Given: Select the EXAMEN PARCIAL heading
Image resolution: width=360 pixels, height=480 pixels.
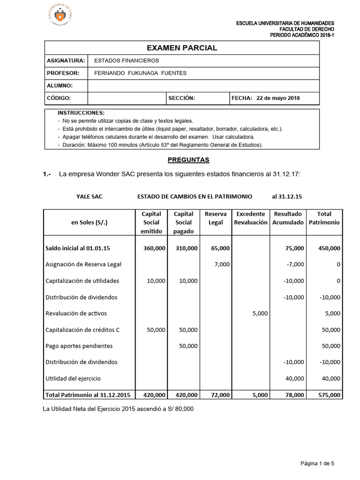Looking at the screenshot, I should pyautogui.click(x=182, y=48).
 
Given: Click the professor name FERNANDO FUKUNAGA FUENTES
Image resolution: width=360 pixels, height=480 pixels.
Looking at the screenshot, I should pyautogui.click(x=140, y=73).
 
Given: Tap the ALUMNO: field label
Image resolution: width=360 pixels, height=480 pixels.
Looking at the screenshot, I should pyautogui.click(x=60, y=86).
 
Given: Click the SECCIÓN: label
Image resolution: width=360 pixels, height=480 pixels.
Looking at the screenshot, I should pyautogui.click(x=181, y=98).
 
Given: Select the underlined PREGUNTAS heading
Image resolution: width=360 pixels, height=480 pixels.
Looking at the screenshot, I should pyautogui.click(x=188, y=160).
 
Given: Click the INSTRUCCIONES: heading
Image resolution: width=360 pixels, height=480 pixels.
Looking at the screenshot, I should pyautogui.click(x=81, y=113).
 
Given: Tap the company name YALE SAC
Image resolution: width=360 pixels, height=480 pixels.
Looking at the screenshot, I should pyautogui.click(x=89, y=196).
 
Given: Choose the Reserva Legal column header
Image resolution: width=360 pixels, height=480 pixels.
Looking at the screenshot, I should pyautogui.click(x=215, y=218).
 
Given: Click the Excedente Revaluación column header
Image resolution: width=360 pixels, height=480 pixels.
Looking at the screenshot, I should pyautogui.click(x=251, y=218).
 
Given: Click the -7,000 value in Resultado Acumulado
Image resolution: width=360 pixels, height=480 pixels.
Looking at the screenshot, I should pyautogui.click(x=295, y=264).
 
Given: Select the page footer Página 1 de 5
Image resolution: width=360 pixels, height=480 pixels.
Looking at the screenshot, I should pyautogui.click(x=317, y=464).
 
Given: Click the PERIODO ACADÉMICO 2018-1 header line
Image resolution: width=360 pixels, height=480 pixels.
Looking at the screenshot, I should pyautogui.click(x=302, y=35).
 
